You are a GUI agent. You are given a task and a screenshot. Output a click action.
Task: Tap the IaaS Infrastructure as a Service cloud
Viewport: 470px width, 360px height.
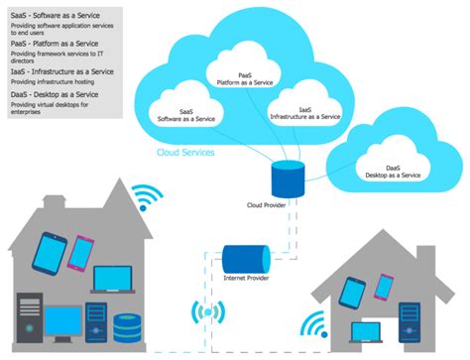[x=304, y=110]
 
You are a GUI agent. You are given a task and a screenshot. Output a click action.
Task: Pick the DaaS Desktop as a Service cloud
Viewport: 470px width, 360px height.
[x=389, y=169]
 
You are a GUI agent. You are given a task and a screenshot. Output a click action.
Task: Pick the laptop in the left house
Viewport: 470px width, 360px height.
[x=109, y=281]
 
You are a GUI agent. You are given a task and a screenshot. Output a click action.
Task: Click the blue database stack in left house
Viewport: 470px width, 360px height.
[x=126, y=327]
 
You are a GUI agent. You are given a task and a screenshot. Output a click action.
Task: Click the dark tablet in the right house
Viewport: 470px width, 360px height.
[x=350, y=293]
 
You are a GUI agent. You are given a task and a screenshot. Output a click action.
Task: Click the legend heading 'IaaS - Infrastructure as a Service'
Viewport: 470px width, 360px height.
[x=61, y=71]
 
